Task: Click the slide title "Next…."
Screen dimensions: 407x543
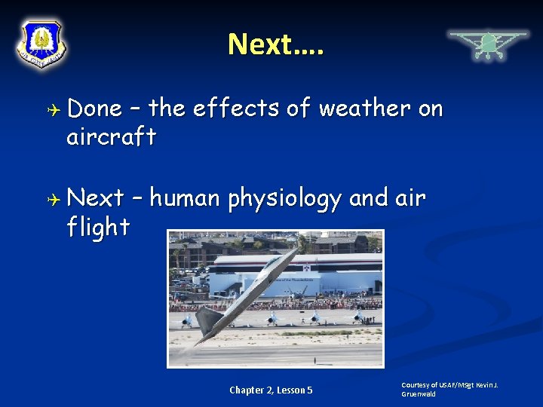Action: point(275,44)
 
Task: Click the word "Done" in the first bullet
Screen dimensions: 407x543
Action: point(95,109)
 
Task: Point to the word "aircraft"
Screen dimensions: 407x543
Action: point(112,137)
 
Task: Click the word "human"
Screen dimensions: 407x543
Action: point(185,199)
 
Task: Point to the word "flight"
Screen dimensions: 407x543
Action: point(98,227)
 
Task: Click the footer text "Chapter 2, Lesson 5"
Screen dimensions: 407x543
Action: point(271,390)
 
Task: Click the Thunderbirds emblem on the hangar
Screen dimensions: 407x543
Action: point(307,267)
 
